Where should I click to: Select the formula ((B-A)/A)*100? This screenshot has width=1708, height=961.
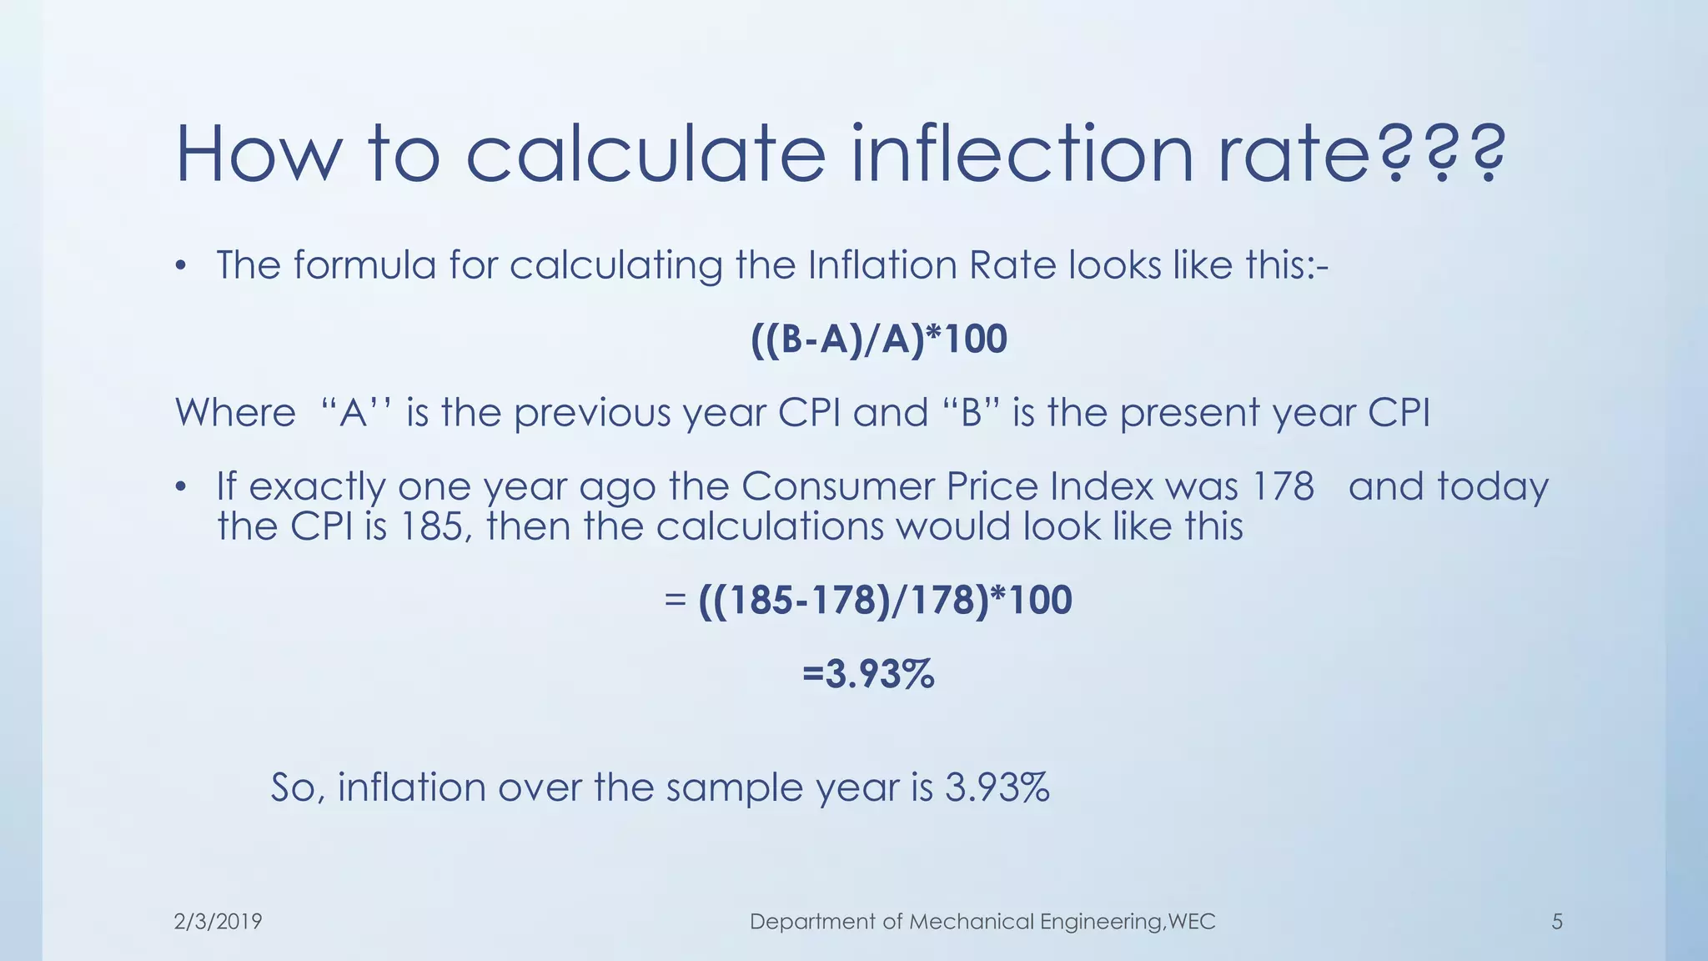click(879, 339)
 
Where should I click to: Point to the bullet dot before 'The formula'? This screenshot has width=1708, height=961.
click(180, 267)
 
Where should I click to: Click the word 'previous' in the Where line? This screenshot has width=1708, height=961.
click(591, 412)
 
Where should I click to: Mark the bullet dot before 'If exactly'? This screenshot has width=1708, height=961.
click(180, 488)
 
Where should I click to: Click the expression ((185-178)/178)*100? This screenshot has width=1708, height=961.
click(884, 600)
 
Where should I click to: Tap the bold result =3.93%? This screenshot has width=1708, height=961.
click(868, 673)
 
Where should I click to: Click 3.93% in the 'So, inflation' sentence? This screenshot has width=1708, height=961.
click(997, 787)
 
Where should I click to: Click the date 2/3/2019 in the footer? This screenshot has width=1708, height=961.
click(218, 921)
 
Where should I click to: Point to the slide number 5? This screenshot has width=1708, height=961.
click(1556, 921)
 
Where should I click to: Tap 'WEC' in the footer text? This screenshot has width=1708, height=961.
click(1192, 921)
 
